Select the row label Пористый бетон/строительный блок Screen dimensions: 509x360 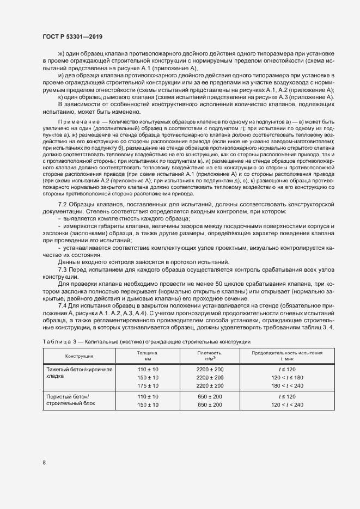[x=70, y=401]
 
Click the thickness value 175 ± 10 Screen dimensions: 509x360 [x=148, y=385]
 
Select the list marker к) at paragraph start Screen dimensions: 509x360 [x=62, y=96]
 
